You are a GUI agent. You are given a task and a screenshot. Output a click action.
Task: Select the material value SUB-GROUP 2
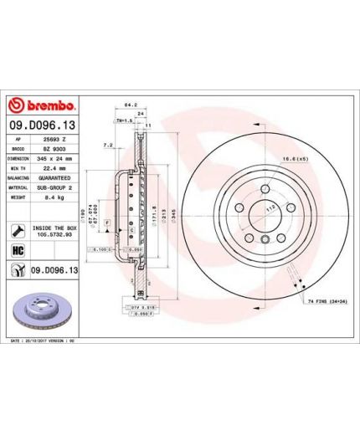pyautogui.click(x=56, y=187)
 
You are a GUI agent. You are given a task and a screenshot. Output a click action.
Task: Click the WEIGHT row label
pyautogui.click(x=18, y=197)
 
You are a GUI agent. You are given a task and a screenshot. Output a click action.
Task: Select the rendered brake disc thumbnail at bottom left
pyautogui.click(x=42, y=310)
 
